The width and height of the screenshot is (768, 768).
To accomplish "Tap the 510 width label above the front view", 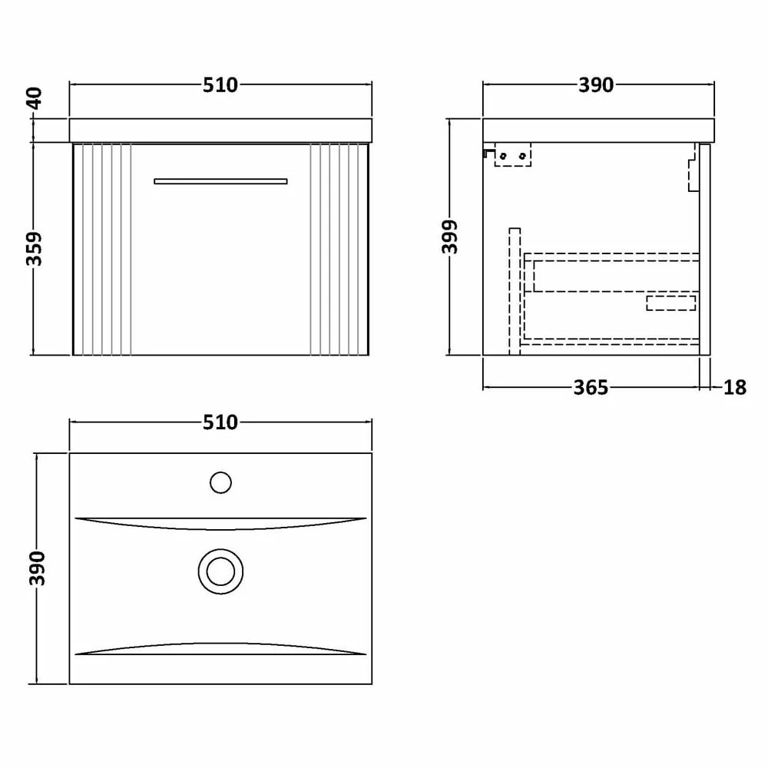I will pos(220,85).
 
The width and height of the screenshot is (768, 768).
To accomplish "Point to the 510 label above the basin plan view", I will pos(220,422).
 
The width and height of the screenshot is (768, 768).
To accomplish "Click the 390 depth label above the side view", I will pos(596,85).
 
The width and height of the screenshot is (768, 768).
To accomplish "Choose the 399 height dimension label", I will pos(451,237).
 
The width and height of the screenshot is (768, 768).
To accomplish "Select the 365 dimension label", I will pos(591,388).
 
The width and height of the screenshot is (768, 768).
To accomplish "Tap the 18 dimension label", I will pos(734,388).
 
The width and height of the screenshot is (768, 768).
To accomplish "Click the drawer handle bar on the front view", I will pos(220,181).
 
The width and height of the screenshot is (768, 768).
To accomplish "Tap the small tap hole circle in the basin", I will pos(220,482).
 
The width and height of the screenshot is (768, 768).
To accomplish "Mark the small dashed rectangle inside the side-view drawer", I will pos(670,303).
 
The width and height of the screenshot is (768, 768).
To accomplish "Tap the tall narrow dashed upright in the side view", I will pos(515,290).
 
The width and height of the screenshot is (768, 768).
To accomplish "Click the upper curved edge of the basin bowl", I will pos(220,525).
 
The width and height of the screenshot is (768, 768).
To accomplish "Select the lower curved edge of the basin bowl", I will pos(220,647).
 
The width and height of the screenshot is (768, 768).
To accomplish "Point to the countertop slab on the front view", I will pos(220,130).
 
